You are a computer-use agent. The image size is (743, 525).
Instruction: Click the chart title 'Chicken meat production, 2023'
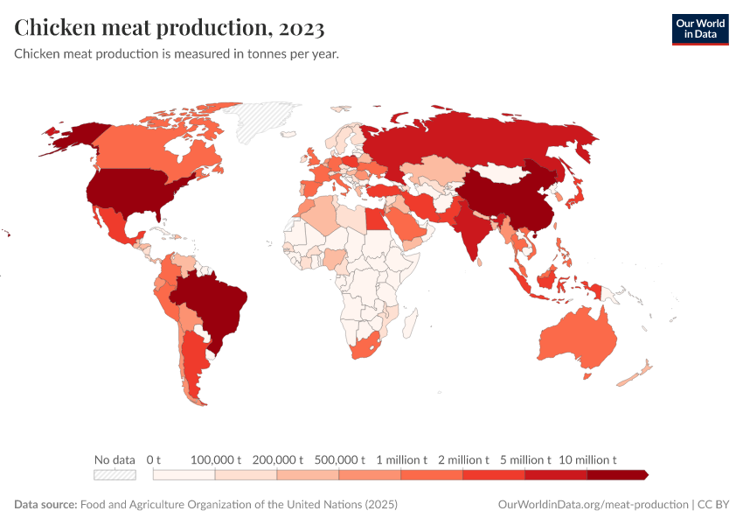click(x=170, y=28)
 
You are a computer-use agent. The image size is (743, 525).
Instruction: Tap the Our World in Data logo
click(x=699, y=29)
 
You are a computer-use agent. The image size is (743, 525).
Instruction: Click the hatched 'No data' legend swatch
click(x=115, y=474)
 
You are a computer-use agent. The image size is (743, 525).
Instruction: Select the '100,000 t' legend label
click(x=215, y=459)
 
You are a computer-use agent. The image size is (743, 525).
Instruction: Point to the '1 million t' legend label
click(x=401, y=459)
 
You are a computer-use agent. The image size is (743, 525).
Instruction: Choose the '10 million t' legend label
click(x=587, y=459)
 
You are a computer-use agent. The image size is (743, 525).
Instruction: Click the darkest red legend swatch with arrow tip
click(x=617, y=474)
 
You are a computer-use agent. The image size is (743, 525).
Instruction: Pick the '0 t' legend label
click(x=154, y=459)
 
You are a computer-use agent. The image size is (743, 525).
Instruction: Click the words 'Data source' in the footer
click(x=45, y=505)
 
